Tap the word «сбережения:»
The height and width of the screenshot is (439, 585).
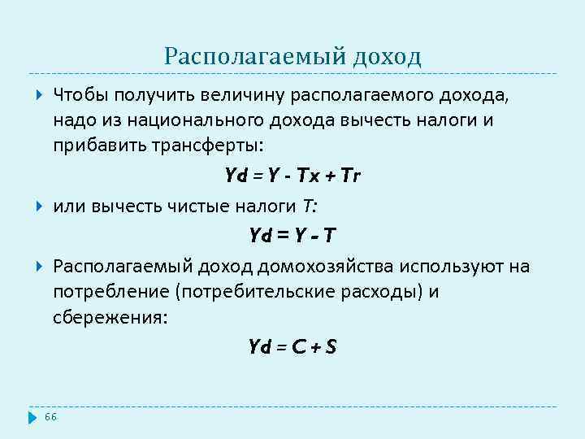point(110,317)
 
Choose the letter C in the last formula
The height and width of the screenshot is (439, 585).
point(298,347)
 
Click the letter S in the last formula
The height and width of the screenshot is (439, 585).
point(330,347)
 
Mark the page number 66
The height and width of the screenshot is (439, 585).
point(50,416)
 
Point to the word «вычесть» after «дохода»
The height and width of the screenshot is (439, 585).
point(387,120)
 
